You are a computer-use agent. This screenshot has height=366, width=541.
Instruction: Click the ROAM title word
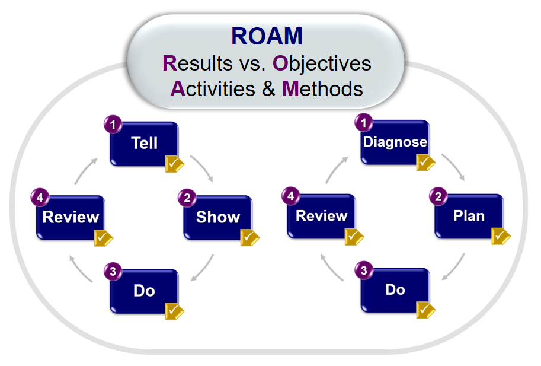(x=267, y=36)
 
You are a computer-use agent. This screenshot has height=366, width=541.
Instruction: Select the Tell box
(x=144, y=144)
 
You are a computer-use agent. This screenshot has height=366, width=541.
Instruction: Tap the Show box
(x=218, y=218)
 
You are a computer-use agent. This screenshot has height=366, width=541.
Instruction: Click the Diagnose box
(x=395, y=142)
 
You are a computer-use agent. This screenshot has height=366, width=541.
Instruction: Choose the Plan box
(x=469, y=216)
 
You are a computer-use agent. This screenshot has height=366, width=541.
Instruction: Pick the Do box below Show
(x=144, y=291)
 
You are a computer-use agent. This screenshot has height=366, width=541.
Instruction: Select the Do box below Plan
(x=395, y=290)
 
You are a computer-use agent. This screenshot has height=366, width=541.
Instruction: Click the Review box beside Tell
(x=71, y=218)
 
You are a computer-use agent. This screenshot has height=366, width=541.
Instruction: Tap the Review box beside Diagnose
(x=321, y=216)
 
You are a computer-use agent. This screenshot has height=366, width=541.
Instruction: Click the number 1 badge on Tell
(x=113, y=125)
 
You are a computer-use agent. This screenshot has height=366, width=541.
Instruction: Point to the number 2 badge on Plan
(x=438, y=196)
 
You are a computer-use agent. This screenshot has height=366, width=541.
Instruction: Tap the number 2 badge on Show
(x=187, y=198)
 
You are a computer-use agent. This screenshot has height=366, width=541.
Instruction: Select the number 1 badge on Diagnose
(x=364, y=123)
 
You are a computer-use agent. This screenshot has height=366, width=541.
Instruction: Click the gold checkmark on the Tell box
(x=175, y=164)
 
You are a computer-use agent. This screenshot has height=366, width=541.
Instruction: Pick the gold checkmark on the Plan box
(x=501, y=236)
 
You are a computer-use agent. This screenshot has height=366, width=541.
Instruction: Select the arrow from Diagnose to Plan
(x=454, y=166)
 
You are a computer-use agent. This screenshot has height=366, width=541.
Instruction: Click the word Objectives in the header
(x=322, y=63)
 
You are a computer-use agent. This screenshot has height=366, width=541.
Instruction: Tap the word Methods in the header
(x=322, y=89)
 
